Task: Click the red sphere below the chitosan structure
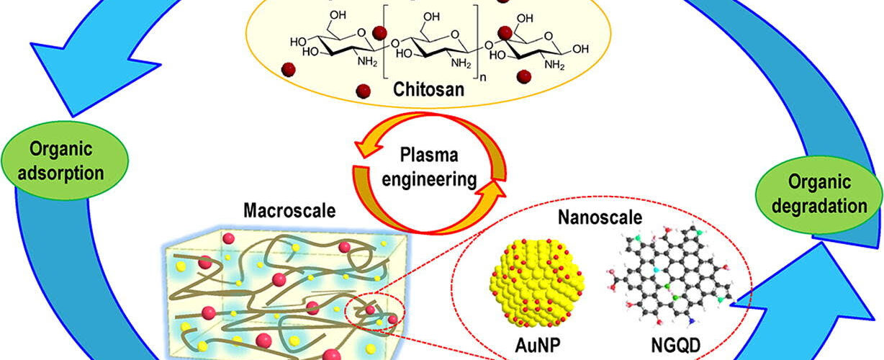(363, 90)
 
